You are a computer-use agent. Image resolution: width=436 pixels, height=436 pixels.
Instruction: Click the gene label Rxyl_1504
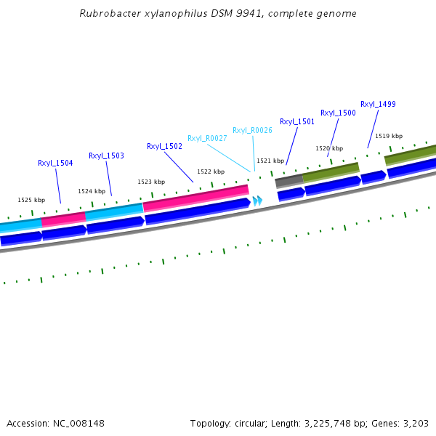(x=55, y=163)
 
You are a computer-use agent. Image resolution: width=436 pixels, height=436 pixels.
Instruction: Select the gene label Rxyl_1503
(x=106, y=156)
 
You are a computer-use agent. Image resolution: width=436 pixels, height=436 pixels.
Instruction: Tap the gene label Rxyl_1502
(x=164, y=146)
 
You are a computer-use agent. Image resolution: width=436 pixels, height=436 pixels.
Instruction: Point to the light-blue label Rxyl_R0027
(x=207, y=138)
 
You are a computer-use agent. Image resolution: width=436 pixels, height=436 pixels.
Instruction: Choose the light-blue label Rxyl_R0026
(x=252, y=130)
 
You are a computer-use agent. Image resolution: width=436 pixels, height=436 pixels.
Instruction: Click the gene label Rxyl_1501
(x=297, y=121)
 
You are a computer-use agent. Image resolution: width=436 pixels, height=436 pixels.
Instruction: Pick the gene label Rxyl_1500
(x=338, y=113)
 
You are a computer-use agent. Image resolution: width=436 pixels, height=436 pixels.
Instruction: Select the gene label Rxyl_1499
(x=378, y=104)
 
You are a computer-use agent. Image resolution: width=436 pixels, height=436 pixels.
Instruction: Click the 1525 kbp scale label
(x=31, y=200)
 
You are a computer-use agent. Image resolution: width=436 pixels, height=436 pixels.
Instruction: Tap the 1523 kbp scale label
(x=151, y=182)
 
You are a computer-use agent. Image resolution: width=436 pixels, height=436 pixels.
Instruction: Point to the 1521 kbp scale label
(x=270, y=161)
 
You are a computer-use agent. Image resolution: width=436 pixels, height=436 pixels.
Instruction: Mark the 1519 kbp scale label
(x=389, y=136)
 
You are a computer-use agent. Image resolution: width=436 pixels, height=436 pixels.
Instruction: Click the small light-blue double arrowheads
(x=257, y=201)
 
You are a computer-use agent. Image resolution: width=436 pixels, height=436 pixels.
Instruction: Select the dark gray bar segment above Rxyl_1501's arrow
(x=288, y=180)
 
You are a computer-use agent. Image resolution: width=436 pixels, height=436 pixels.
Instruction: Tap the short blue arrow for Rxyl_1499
(x=373, y=177)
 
